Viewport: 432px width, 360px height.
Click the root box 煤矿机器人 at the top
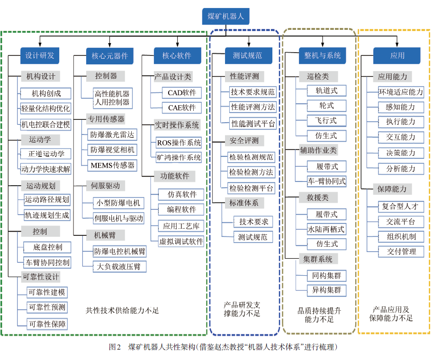[225, 16]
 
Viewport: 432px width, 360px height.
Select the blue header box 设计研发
[40, 55]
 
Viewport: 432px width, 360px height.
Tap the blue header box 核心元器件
[109, 56]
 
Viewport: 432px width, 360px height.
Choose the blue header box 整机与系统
[323, 55]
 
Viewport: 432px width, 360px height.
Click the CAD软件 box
[181, 93]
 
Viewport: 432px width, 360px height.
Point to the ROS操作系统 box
[179, 143]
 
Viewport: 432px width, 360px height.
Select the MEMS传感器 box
[112, 165]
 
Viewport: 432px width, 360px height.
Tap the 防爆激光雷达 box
[112, 135]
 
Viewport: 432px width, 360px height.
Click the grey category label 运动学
[40, 140]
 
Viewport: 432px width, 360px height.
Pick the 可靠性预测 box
[47, 307]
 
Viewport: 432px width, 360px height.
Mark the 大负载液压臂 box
[119, 267]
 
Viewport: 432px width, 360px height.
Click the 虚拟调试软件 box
[181, 242]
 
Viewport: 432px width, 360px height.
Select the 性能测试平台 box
[253, 124]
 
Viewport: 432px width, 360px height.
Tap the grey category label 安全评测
[244, 141]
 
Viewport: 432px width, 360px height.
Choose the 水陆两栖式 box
[326, 229]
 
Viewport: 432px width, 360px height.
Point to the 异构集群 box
[326, 290]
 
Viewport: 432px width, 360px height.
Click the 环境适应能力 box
[401, 92]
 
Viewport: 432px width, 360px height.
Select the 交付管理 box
[401, 252]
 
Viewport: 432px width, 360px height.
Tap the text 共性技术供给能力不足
[122, 310]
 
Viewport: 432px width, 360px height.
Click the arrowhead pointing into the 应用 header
[397, 45]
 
